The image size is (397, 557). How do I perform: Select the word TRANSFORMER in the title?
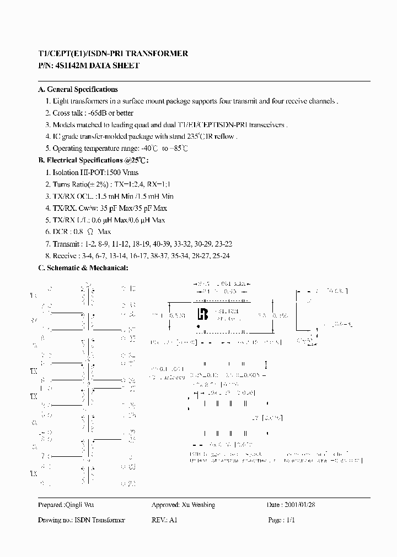point(158,53)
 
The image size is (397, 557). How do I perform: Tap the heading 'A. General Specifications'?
point(78,89)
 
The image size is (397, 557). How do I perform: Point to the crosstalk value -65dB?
point(98,113)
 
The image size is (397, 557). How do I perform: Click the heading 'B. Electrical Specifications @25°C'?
point(93,160)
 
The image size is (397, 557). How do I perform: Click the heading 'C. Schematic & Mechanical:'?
point(83,267)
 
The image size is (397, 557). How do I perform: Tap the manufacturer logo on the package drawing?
point(202,314)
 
